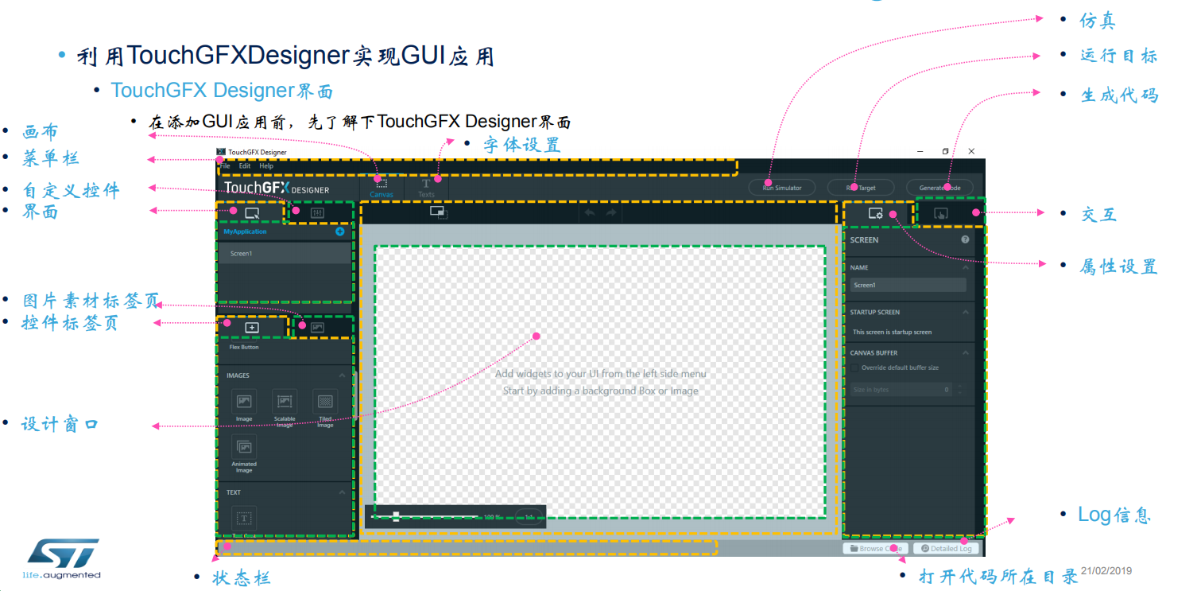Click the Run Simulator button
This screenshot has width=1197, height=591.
(782, 188)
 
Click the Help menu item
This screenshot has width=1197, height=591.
(266, 166)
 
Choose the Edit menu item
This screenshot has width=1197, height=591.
(245, 166)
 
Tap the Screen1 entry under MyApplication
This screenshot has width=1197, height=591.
(285, 254)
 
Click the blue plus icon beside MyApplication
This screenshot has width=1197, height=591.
(340, 231)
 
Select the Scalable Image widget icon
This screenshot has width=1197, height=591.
(285, 402)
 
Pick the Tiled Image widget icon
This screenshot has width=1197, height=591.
(325, 402)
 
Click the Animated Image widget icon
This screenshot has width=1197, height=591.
(244, 447)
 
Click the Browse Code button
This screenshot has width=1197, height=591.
(876, 548)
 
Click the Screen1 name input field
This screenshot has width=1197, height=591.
(908, 285)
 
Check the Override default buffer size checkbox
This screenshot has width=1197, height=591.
(854, 367)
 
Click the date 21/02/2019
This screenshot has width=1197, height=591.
(1106, 571)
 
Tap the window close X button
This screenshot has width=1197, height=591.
(971, 151)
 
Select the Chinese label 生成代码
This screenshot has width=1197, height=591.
(1120, 95)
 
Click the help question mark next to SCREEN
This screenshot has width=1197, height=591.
(965, 239)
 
